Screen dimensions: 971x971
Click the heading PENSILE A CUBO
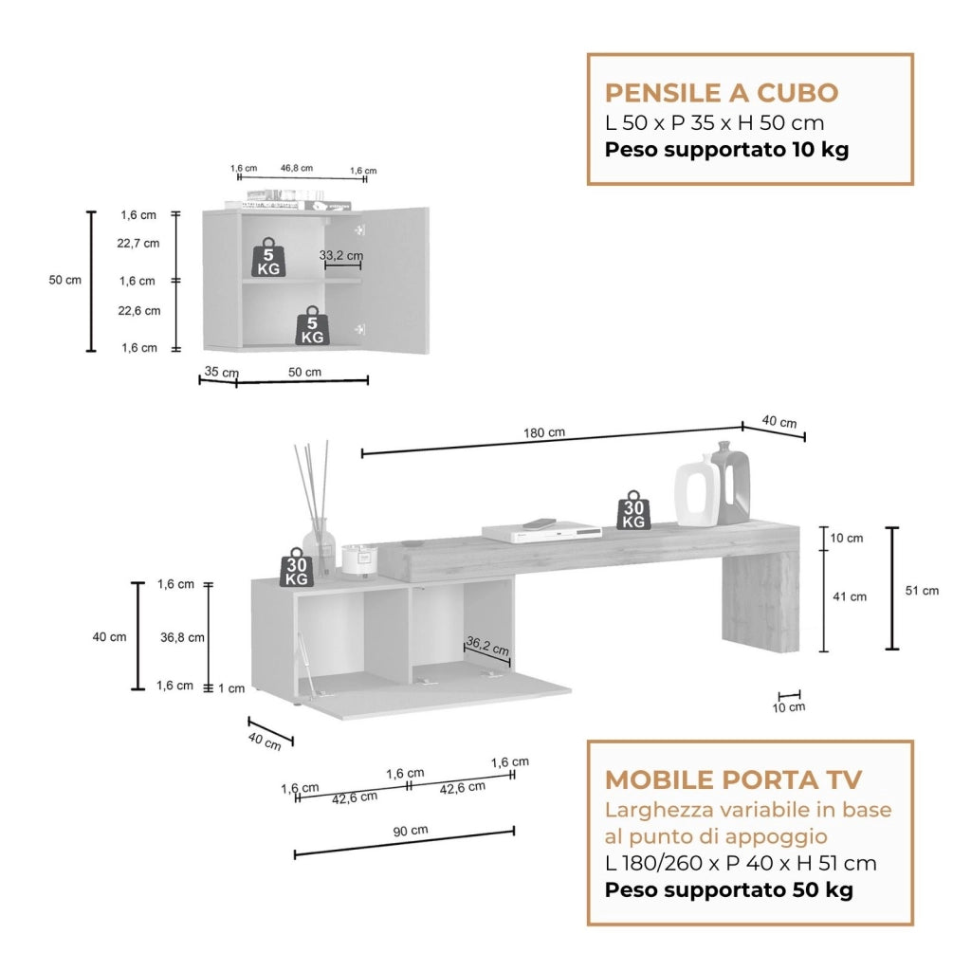pyautogui.click(x=722, y=93)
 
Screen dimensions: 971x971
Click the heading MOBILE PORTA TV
pyautogui.click(x=733, y=779)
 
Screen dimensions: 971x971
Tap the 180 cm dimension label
pyautogui.click(x=544, y=432)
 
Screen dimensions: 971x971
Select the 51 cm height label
pyautogui.click(x=922, y=591)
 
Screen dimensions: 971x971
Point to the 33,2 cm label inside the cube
pyautogui.click(x=341, y=255)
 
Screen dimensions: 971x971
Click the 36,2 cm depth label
pyautogui.click(x=487, y=646)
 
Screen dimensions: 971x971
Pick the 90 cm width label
pyautogui.click(x=411, y=831)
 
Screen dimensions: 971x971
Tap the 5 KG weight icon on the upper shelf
pyautogui.click(x=268, y=257)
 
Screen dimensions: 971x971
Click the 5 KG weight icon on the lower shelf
pyautogui.click(x=312, y=325)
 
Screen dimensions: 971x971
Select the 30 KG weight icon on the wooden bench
pyautogui.click(x=633, y=509)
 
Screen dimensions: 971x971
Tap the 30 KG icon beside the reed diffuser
pyautogui.click(x=297, y=567)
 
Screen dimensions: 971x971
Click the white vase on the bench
pyautogui.click(x=699, y=491)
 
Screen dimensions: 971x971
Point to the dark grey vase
pyautogui.click(x=733, y=481)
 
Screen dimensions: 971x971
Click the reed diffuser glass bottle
pyautogui.click(x=319, y=547)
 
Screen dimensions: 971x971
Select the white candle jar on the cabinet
pyautogui.click(x=359, y=559)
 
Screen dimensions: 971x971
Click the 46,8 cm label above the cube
pyautogui.click(x=297, y=168)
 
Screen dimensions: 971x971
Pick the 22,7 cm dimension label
pyautogui.click(x=138, y=244)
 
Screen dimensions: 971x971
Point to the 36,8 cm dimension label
pyautogui.click(x=182, y=637)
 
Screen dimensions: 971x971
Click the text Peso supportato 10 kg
pyautogui.click(x=726, y=150)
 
